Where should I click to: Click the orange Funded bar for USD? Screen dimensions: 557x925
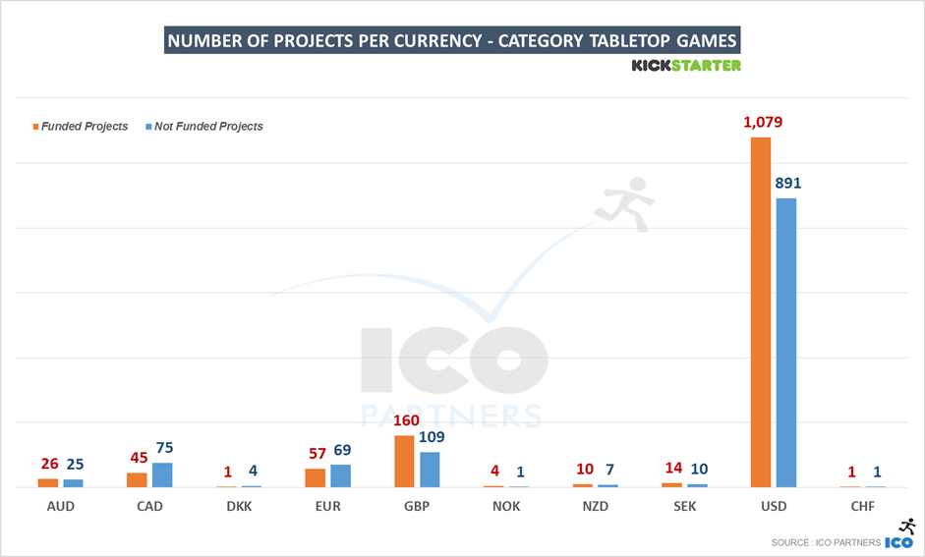(760, 312)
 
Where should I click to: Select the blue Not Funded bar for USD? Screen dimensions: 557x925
(785, 342)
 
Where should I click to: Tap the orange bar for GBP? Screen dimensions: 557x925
(404, 462)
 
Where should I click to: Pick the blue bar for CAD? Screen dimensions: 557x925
(162, 474)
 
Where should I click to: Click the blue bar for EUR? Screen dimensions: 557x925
(340, 475)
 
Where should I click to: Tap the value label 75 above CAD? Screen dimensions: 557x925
(164, 448)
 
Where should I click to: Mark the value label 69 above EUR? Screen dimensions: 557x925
(341, 450)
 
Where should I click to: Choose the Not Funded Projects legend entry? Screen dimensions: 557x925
(207, 127)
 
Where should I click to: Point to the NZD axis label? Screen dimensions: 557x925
(595, 507)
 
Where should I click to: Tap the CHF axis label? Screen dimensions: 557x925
(862, 507)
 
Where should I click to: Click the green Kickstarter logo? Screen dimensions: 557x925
(685, 66)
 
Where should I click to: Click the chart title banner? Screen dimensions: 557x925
(452, 41)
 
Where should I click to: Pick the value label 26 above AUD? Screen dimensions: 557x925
(49, 464)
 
